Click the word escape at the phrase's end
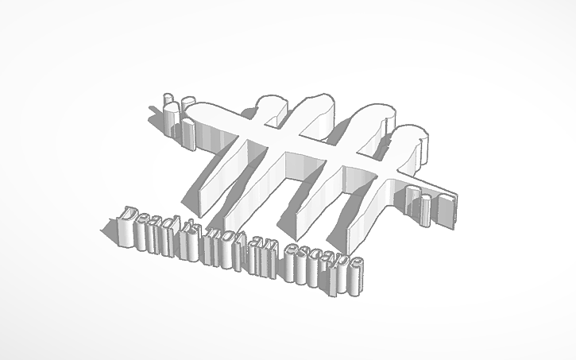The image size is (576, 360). [322, 259]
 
